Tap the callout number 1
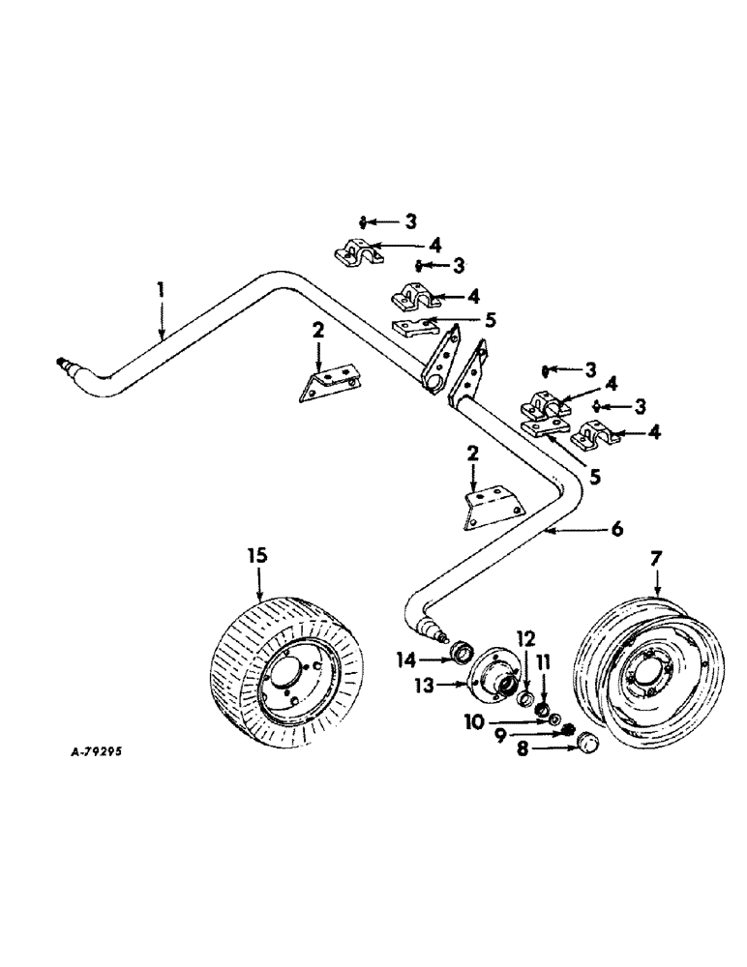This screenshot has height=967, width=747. point(162,290)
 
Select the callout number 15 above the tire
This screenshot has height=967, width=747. point(256,557)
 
